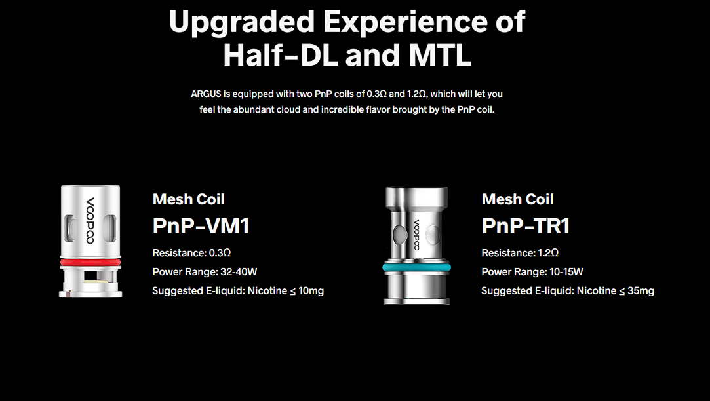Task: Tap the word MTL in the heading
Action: click(x=440, y=55)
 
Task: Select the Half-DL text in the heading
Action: click(x=281, y=55)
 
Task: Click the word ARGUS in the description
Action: click(x=206, y=94)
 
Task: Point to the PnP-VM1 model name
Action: click(x=201, y=226)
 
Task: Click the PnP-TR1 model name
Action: click(x=526, y=226)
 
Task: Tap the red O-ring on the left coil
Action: click(x=90, y=262)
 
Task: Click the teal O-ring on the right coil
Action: click(x=416, y=267)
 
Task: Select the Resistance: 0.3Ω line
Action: click(x=191, y=252)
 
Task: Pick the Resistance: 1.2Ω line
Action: click(x=520, y=252)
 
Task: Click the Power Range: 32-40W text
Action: click(x=205, y=271)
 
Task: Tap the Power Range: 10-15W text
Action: click(x=532, y=271)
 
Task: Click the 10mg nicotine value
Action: click(x=311, y=290)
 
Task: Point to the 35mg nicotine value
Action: click(x=641, y=290)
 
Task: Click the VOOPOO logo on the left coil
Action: click(x=90, y=220)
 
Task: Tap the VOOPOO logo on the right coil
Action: click(x=416, y=235)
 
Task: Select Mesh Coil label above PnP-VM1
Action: click(x=188, y=199)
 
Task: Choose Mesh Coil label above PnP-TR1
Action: click(x=517, y=199)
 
